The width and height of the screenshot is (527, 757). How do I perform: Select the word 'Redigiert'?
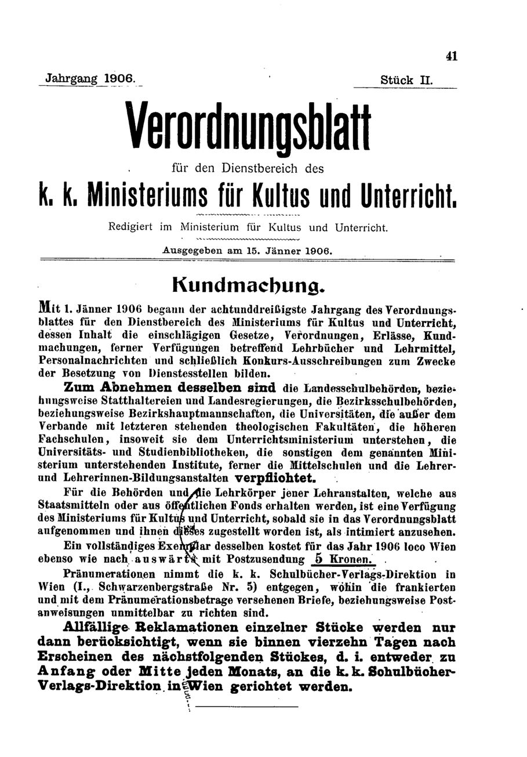[x=132, y=227]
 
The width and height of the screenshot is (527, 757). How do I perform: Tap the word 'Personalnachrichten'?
[x=89, y=360]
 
